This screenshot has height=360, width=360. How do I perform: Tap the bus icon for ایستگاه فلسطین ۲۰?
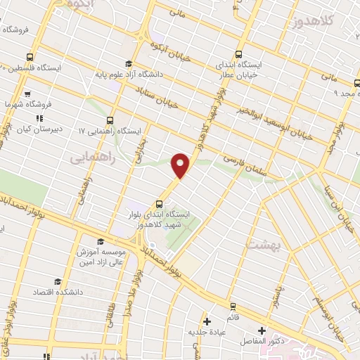29,57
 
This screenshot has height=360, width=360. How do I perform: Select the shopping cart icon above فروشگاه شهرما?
26,93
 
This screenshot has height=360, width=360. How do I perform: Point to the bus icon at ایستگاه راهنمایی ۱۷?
110,120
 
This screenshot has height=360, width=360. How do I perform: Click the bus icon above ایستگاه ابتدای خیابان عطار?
238,54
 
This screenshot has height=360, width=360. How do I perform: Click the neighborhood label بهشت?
264,244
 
